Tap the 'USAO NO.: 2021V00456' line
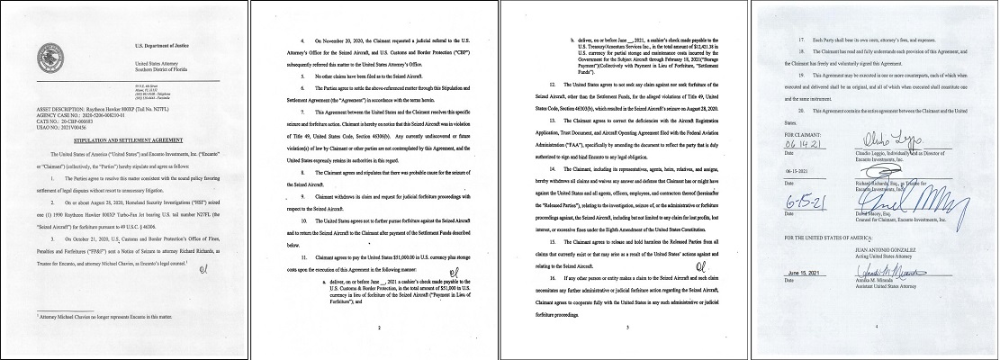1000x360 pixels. (59, 130)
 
